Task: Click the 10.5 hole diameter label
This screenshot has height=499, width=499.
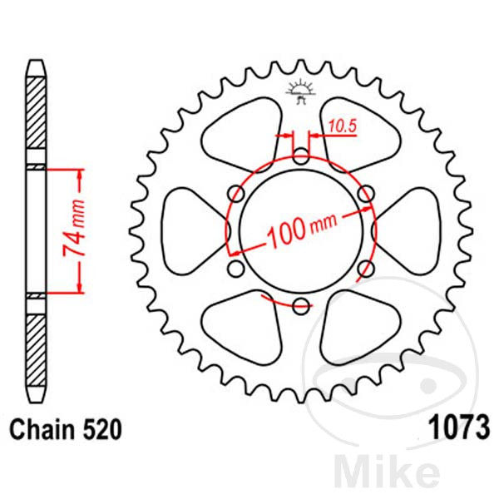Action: (x=343, y=126)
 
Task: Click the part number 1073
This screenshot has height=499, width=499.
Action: (x=458, y=427)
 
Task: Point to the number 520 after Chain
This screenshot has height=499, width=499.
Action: (x=102, y=429)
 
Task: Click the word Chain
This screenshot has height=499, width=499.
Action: (x=42, y=429)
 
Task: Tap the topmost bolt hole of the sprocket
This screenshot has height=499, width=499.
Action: (x=301, y=156)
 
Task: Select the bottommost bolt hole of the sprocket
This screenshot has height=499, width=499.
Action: (x=301, y=306)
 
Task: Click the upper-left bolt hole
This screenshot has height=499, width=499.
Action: (x=236, y=193)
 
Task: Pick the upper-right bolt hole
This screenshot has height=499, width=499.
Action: (x=366, y=193)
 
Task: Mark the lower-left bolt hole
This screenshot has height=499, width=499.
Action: (x=236, y=269)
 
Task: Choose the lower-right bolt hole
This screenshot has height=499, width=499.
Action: (x=366, y=269)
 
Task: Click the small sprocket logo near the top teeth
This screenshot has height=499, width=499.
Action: (x=301, y=92)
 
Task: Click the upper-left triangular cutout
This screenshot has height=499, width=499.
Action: (x=242, y=135)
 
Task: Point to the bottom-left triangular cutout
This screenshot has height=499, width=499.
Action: (x=242, y=328)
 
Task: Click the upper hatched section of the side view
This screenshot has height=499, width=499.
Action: (x=36, y=112)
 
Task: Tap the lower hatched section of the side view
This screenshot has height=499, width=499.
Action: (x=36, y=350)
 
